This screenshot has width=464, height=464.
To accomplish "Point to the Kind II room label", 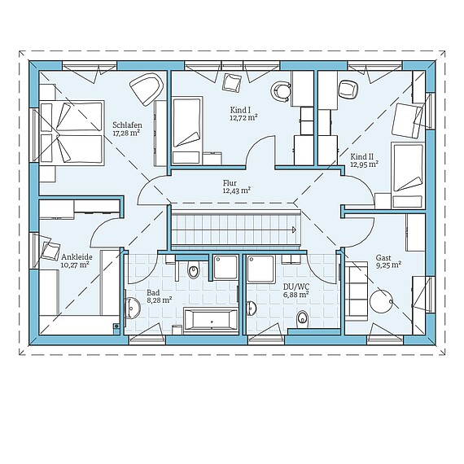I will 363,155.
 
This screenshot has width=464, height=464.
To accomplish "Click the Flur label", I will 235,182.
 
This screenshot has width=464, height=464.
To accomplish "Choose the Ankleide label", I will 77,256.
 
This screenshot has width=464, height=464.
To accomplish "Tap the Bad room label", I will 152,292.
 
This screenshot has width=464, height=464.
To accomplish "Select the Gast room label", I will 383,256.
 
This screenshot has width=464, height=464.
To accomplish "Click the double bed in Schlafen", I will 72,133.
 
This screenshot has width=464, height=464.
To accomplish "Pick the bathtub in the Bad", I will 211,321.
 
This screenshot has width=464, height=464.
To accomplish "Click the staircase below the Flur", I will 234,228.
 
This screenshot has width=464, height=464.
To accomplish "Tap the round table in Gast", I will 381,300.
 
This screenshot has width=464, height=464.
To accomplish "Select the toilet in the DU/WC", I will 303,318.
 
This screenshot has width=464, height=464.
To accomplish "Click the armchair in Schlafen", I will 147,89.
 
